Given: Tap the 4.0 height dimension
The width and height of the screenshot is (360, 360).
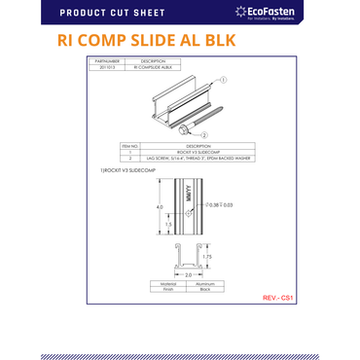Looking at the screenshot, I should tap(133, 207).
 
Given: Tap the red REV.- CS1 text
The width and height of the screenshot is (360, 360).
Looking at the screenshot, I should tap(278, 298).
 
